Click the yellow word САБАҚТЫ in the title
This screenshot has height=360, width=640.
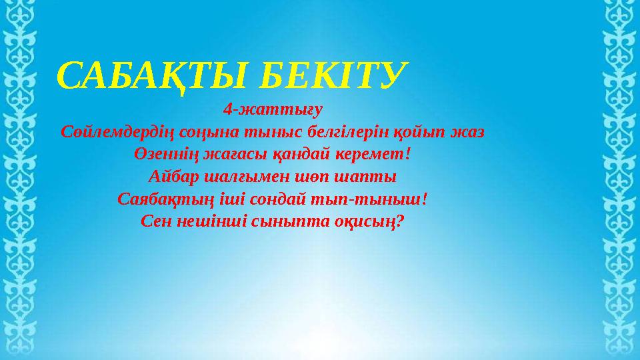(x=152, y=76)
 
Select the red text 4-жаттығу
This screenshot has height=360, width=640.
(x=273, y=110)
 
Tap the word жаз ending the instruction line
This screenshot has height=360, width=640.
(x=467, y=132)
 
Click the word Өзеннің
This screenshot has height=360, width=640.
(x=166, y=155)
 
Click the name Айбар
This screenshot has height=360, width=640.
(x=173, y=177)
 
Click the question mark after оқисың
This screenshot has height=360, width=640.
(x=400, y=221)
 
